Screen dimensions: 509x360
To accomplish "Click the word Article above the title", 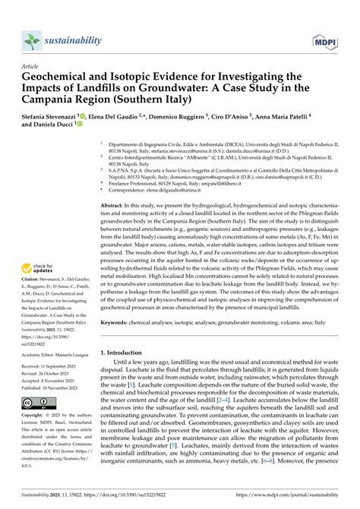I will (x=32, y=67).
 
